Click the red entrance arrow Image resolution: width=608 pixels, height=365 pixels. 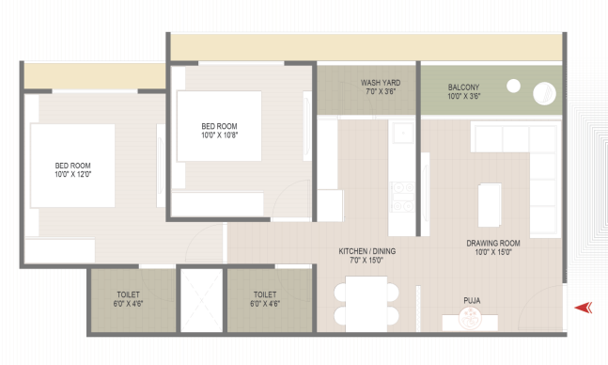point(583,308)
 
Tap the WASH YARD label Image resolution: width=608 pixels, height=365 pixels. point(381,83)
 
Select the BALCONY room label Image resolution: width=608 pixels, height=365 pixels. point(463,87)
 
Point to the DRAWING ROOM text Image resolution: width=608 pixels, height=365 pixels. point(493,244)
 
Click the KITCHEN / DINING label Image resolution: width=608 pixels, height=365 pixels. point(367,251)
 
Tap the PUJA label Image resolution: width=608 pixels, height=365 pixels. point(472,300)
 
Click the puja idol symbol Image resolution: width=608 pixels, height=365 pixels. point(470,318)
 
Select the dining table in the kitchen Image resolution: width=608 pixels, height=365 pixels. point(366,304)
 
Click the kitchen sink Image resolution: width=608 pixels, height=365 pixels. point(403,134)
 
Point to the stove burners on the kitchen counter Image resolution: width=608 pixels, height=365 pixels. point(403,198)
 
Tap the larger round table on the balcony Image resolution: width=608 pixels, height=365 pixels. point(544,93)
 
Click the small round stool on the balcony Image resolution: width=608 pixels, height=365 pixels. point(513,86)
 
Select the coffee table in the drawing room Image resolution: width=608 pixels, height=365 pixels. point(490,205)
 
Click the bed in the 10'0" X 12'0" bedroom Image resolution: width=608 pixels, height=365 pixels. point(72,166)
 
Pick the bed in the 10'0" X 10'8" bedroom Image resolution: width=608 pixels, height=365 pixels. point(219,126)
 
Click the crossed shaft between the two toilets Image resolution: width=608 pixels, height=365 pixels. point(202,300)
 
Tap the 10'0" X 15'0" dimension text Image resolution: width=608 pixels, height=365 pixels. point(493,252)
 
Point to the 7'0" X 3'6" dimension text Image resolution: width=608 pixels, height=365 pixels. point(381,91)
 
